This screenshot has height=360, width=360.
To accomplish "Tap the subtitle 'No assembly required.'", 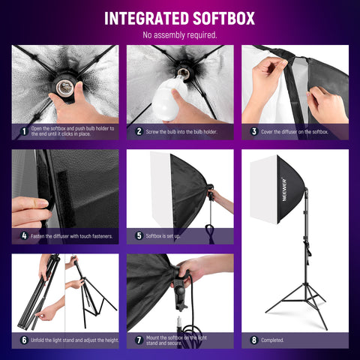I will tap(180, 34).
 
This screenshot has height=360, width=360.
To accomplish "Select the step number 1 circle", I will tap(24, 130).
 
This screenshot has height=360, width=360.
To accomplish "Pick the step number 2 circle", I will tap(139, 130).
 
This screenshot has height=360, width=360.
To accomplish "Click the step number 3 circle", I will tap(253, 130).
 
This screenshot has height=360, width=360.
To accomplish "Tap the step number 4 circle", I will tap(24, 235).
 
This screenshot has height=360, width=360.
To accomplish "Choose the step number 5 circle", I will tap(139, 235).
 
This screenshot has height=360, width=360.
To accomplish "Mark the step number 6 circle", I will tap(24, 340).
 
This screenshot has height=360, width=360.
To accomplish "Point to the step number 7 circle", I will tap(139, 340).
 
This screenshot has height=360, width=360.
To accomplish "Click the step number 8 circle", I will tap(253, 340).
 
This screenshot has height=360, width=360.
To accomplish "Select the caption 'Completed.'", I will tap(272, 340).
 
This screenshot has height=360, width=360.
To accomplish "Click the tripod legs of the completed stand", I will tap(304, 307).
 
